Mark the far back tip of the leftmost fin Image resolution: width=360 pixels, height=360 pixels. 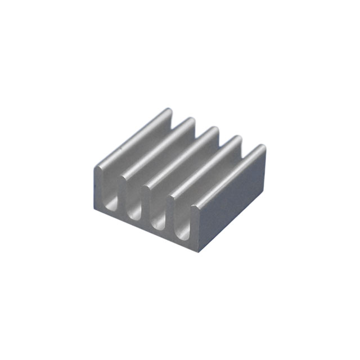tap(167, 111)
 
